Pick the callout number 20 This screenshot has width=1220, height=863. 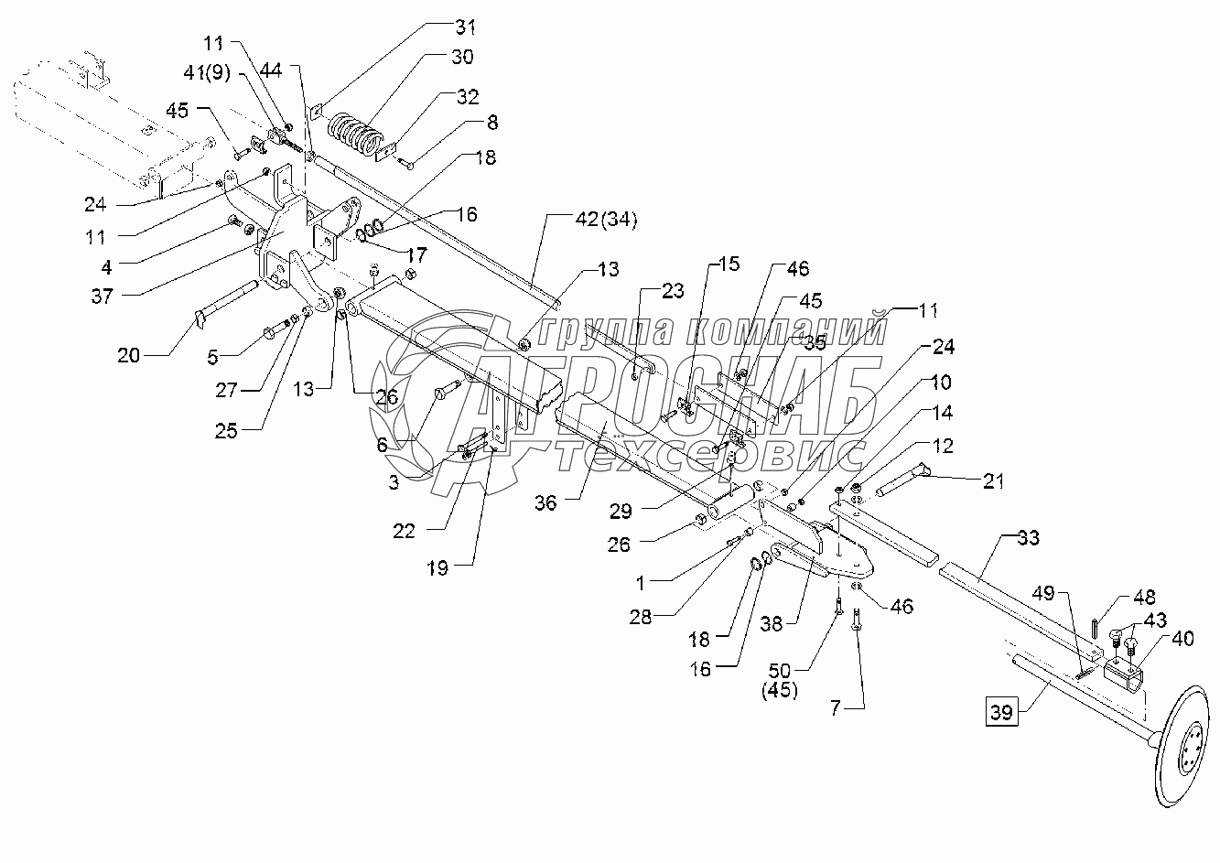pos(129,354)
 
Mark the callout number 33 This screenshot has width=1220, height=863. pos(1028,539)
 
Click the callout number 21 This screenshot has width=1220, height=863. pos(993,480)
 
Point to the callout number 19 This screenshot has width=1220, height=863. pos(437,567)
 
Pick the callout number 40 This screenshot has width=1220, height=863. pos(1182,640)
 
